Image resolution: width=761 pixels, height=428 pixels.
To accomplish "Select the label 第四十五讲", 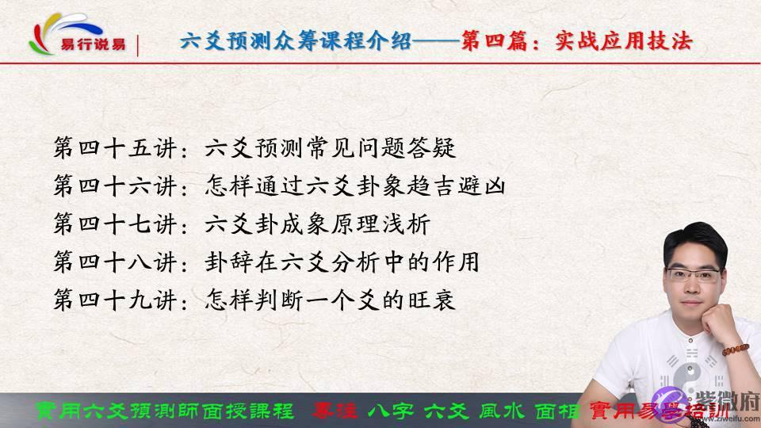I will coord(119,148).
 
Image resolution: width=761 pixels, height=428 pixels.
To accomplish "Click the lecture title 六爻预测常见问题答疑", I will coord(331,148).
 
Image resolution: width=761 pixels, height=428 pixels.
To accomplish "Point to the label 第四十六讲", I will coord(119,187).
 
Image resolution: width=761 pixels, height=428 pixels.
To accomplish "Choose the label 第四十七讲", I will coord(119,225).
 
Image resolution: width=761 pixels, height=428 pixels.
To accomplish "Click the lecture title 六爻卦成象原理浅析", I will coord(317,225).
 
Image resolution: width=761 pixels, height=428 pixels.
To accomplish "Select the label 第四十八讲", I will coord(119,262).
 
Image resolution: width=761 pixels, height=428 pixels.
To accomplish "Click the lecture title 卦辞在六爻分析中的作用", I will coord(342,262).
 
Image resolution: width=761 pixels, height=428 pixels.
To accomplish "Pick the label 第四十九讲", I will coord(119,301).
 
